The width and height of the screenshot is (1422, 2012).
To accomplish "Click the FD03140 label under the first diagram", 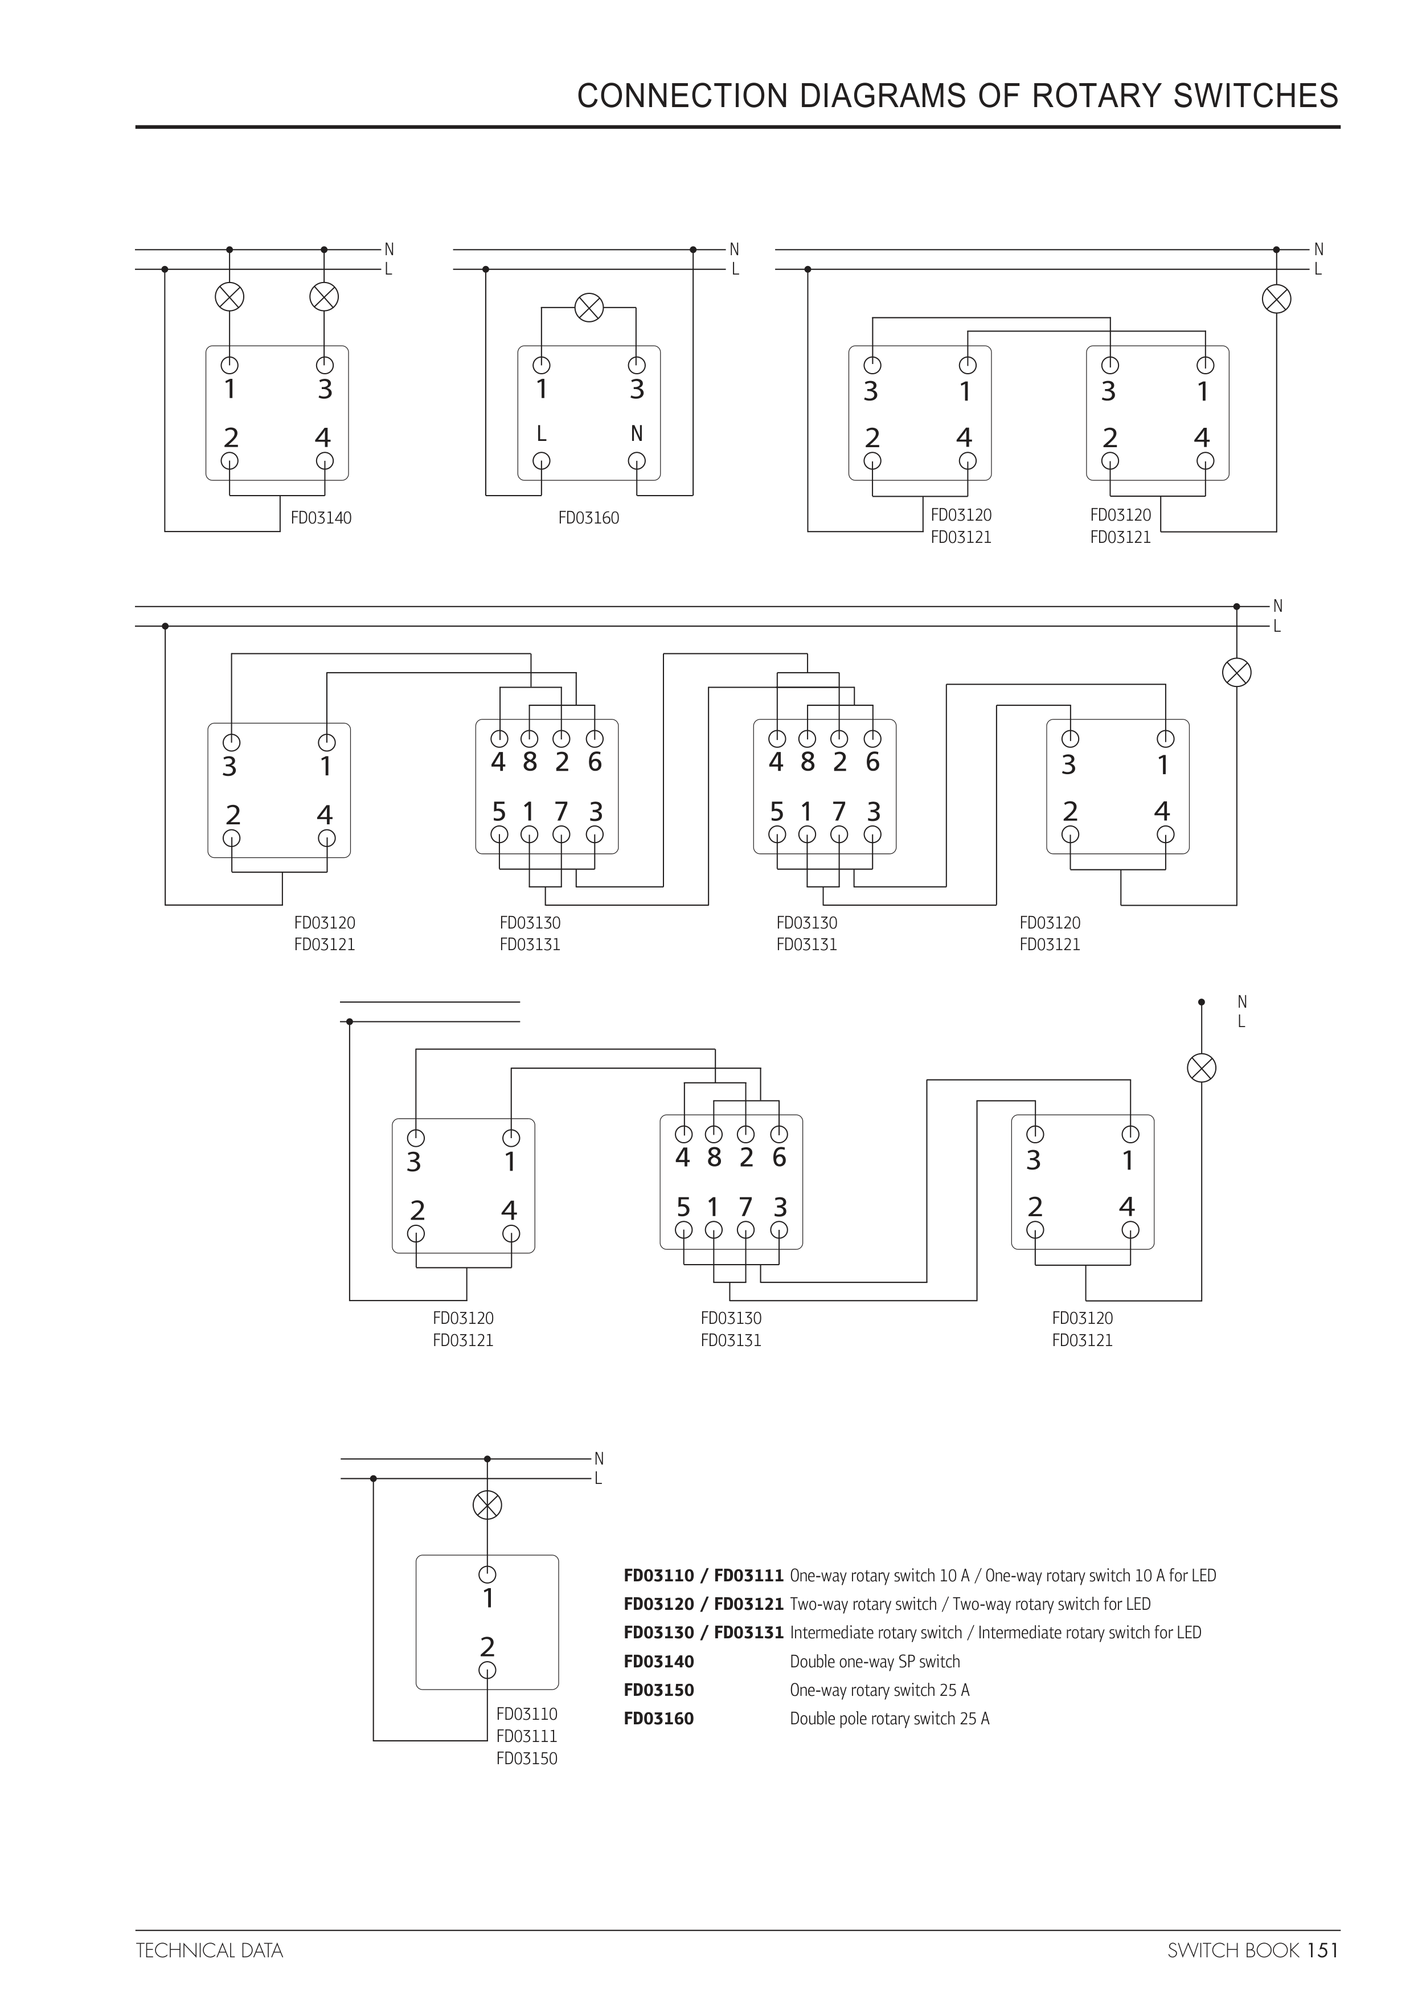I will tap(321, 518).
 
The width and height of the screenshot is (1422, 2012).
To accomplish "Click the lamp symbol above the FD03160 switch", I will tap(589, 308).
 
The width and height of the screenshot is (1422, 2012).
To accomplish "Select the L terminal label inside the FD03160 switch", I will tap(542, 434).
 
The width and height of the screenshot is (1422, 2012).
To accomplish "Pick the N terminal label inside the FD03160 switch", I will tap(637, 434).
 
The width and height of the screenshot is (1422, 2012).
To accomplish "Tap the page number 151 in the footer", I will tap(1322, 1950).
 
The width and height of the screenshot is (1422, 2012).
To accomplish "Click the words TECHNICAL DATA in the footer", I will tap(210, 1950).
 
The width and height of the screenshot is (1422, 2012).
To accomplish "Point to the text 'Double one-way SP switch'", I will tap(874, 1662).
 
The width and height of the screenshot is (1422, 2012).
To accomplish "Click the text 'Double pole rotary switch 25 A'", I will tap(890, 1719).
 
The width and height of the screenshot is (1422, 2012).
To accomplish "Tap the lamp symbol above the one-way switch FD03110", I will tap(487, 1506).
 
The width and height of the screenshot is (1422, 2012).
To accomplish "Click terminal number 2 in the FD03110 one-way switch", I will tap(487, 1647).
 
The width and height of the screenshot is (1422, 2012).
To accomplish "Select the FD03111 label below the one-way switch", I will tap(527, 1736).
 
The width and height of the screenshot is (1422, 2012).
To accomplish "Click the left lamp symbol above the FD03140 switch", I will tap(230, 297).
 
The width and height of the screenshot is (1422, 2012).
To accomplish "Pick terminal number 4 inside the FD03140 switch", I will tap(323, 437).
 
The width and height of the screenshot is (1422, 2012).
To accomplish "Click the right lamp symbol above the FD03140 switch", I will tap(324, 297).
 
